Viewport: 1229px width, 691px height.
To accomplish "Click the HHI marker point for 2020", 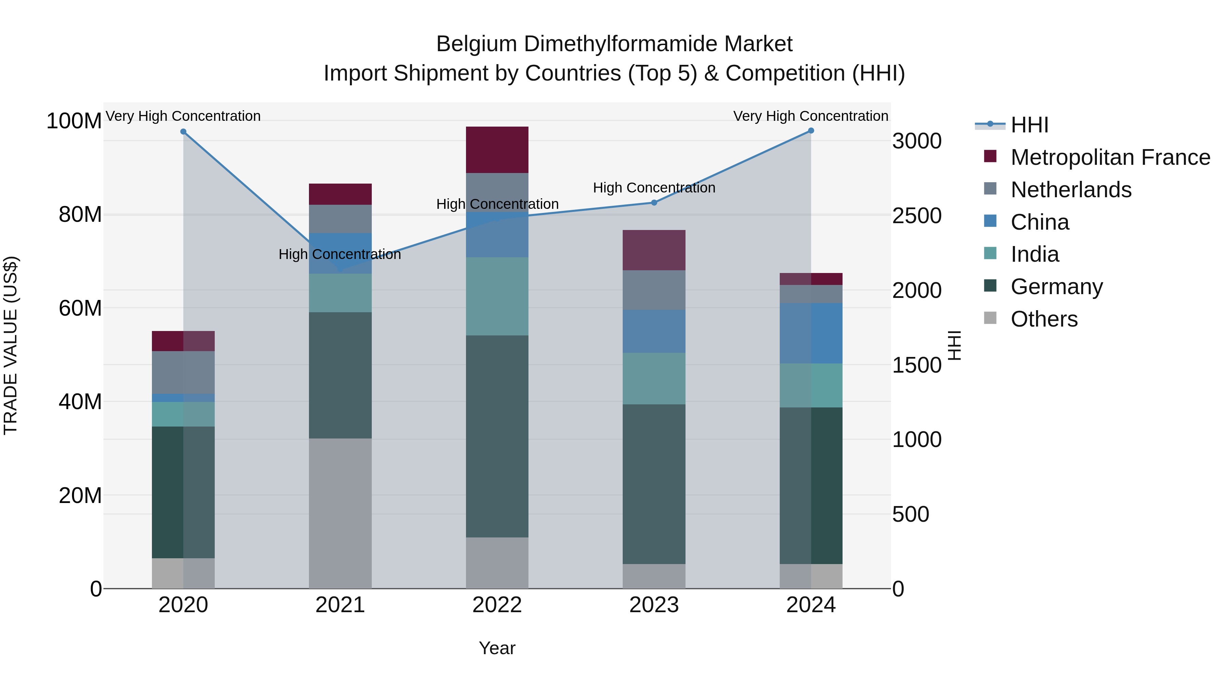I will coord(183,132).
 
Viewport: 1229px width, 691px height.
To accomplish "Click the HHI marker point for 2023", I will coord(654,203).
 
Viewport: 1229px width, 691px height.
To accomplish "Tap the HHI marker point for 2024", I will coord(811,131).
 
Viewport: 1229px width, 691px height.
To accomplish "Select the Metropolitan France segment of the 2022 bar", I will coord(497,150).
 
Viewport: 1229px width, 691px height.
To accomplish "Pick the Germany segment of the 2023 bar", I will coord(654,484).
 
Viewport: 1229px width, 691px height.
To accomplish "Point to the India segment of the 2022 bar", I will coord(497,296).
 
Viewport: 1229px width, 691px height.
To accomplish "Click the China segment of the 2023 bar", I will coord(654,331).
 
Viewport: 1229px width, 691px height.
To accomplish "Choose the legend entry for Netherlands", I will coord(1071,190).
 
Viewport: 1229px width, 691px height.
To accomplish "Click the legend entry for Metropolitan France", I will coord(1110,157).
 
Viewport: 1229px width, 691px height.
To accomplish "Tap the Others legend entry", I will coord(1044,319).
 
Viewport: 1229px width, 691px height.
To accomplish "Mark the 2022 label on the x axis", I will coord(497,605).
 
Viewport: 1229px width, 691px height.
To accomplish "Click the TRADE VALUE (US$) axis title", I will coord(11,345).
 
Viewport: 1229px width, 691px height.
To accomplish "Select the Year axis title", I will coord(497,648).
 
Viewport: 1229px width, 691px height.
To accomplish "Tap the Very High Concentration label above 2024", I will coord(810,116).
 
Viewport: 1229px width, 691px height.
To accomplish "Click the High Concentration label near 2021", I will coord(340,254).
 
